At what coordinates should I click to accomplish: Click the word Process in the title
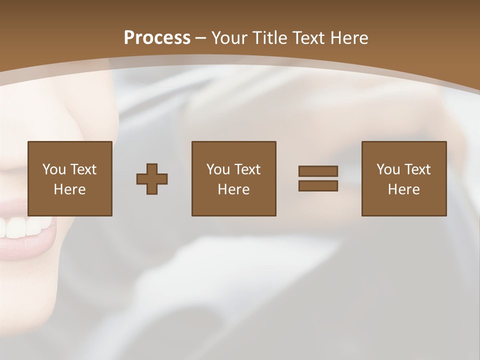coord(157,38)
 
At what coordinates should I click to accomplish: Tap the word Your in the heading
coord(228,38)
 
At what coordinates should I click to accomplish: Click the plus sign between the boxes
coord(152,178)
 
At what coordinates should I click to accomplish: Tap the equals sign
coord(318,178)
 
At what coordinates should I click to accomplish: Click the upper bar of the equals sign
coord(318,171)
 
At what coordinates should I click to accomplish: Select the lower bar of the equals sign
coord(318,186)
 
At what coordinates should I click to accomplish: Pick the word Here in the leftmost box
coord(69,189)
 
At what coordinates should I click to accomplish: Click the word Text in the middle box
coord(247,169)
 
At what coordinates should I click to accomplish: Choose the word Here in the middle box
coord(233,189)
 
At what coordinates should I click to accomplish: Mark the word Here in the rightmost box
coord(403,189)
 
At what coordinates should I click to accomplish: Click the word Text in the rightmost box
coord(417,169)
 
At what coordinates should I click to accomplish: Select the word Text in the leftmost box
coord(83,169)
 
